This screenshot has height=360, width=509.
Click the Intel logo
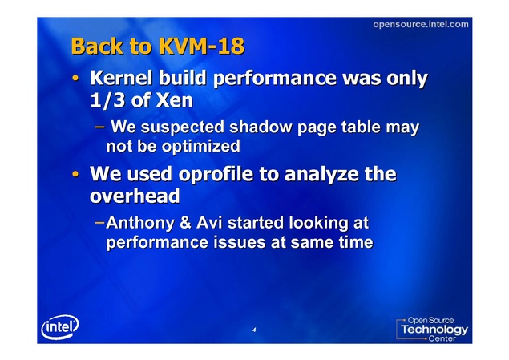click(x=60, y=326)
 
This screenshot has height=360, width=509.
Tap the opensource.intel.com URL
click(x=420, y=24)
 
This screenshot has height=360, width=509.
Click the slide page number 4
click(x=254, y=330)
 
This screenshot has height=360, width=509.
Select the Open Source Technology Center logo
click(x=432, y=329)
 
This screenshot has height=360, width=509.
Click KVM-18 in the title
click(x=201, y=46)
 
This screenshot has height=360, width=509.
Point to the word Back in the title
click(x=97, y=46)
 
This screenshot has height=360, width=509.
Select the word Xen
click(x=174, y=100)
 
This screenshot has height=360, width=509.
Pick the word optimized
click(x=201, y=147)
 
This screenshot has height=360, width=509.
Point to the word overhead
click(x=135, y=196)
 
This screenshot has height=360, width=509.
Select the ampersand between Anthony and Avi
click(x=185, y=223)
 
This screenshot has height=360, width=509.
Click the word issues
click(x=240, y=242)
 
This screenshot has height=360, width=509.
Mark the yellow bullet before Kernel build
click(x=75, y=78)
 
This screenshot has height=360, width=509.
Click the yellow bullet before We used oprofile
click(x=75, y=174)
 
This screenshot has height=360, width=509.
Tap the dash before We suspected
click(x=99, y=126)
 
